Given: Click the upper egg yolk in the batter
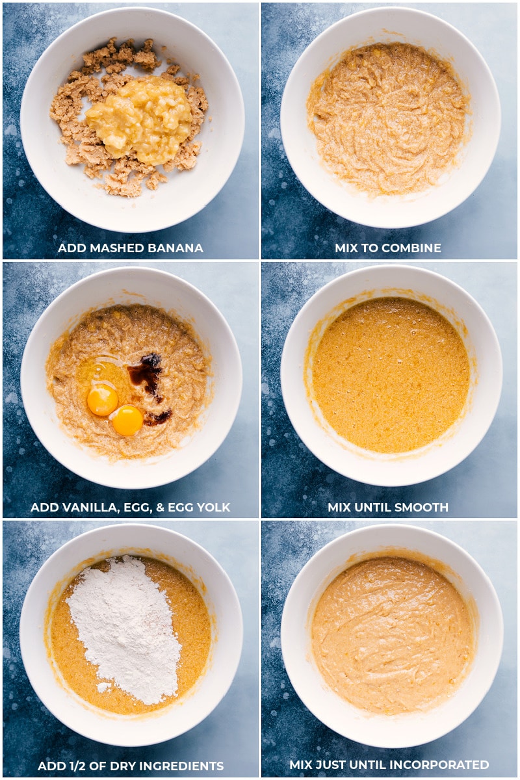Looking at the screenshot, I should (102, 400).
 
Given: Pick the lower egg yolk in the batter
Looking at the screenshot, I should (127, 421).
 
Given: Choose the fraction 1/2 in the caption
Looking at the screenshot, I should (78, 766).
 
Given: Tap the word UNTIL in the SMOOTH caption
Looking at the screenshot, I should (371, 508).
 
